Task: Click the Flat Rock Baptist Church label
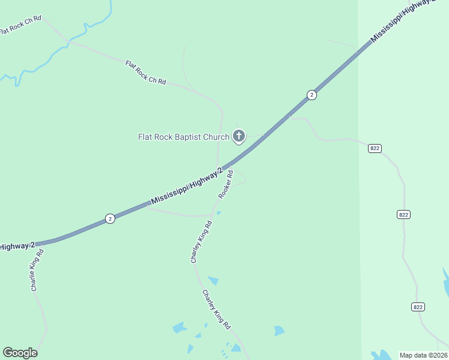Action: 184,137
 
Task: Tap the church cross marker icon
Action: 239,136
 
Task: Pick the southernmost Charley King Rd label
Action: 216,310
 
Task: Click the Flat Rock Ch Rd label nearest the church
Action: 145,72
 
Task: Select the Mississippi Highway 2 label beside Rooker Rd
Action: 187,187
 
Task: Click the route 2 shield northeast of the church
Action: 311,95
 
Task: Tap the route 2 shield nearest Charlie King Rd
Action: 110,218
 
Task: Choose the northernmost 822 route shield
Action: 375,148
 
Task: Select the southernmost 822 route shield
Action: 418,307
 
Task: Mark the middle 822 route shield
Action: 403,214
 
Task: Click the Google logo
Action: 20,353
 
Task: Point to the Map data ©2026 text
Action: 423,355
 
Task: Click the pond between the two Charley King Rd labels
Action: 213,280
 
